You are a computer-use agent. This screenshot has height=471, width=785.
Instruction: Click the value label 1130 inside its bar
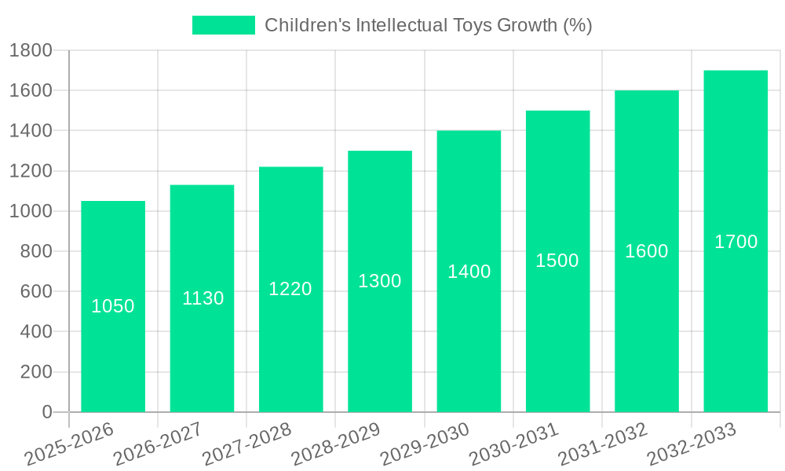click(x=203, y=298)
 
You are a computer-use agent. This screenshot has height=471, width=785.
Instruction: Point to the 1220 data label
click(x=290, y=289)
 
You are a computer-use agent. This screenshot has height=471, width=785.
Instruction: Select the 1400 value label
click(x=469, y=272)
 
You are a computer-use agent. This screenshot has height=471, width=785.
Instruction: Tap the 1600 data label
click(x=647, y=251)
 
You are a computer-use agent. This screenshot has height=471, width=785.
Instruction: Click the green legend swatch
click(x=224, y=25)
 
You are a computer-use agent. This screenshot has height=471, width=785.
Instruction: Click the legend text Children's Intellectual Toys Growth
click(x=428, y=25)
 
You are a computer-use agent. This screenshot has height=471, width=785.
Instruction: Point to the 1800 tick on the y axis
click(x=31, y=50)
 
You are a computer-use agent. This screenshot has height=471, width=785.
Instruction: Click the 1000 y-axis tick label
click(x=31, y=211)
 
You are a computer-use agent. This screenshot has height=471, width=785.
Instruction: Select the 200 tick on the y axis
click(x=36, y=372)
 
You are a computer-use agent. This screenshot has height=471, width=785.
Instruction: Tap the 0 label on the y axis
click(x=46, y=412)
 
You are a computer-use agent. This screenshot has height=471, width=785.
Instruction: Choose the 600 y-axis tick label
click(x=36, y=291)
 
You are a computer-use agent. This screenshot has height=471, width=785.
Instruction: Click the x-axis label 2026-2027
click(x=158, y=444)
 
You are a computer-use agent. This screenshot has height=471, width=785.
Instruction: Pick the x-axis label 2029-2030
click(x=425, y=444)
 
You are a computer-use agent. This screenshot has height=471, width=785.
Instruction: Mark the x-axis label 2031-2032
click(x=603, y=444)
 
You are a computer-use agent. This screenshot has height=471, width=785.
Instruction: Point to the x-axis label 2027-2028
click(x=246, y=444)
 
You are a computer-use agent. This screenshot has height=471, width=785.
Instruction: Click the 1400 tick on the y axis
click(x=31, y=130)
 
